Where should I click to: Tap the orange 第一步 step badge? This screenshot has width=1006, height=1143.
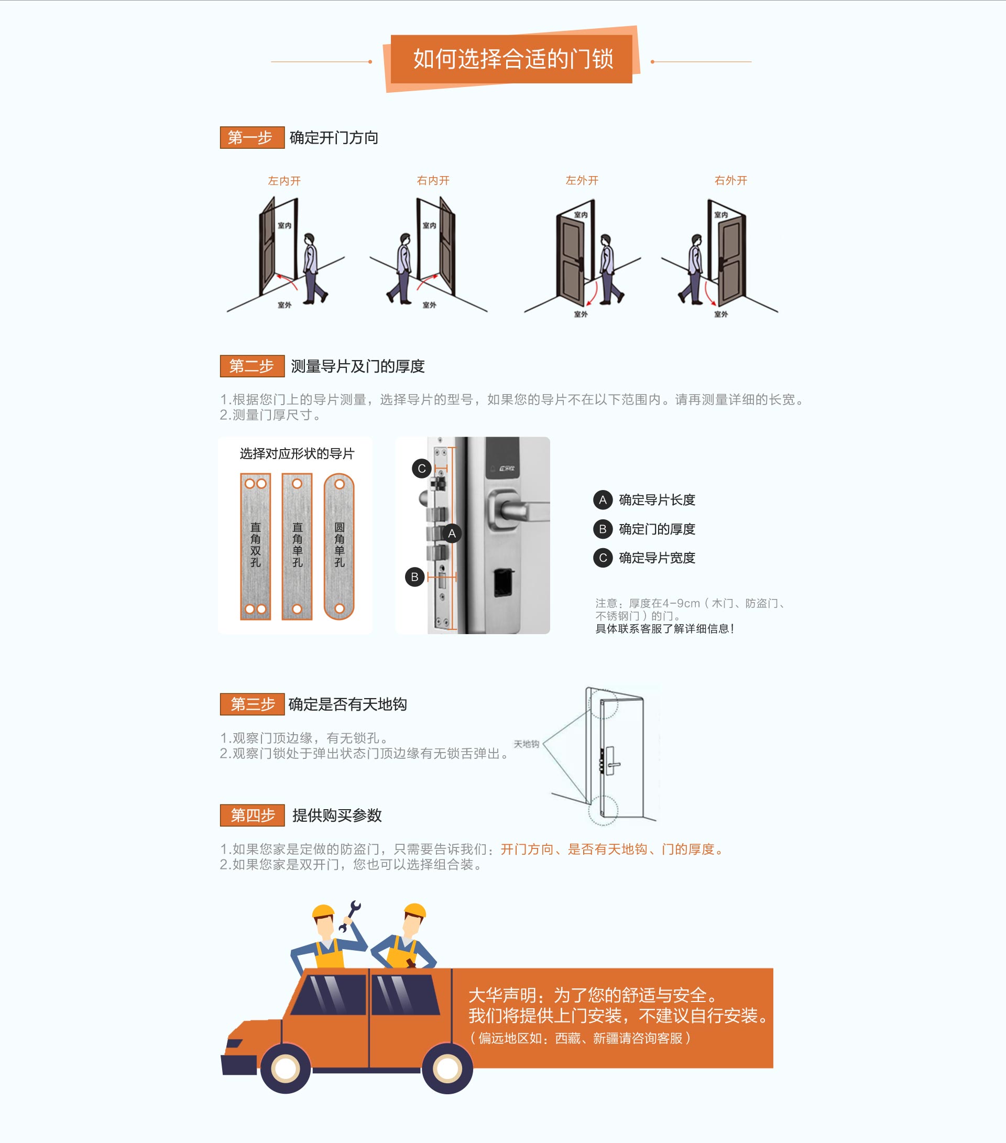tap(252, 137)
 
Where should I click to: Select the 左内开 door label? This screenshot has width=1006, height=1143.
tap(284, 181)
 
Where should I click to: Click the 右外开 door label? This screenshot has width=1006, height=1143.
tap(730, 180)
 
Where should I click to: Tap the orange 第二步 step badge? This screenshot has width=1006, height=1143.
tap(252, 366)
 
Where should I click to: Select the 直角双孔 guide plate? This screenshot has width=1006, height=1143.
tap(256, 546)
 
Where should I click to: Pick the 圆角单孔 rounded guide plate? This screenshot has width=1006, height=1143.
tap(339, 546)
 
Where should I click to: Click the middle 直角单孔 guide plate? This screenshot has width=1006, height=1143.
tap(297, 546)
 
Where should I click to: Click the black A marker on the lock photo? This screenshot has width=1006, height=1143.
tap(452, 534)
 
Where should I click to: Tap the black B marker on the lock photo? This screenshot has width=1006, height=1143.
tap(414, 576)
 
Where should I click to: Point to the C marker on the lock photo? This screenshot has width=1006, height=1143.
tap(422, 468)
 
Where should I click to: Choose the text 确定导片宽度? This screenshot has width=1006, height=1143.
tap(657, 558)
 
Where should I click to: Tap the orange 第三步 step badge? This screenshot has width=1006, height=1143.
tap(252, 704)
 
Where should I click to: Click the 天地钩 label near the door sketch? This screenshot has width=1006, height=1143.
tap(526, 744)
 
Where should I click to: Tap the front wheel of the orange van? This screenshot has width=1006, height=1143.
tap(285, 1069)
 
